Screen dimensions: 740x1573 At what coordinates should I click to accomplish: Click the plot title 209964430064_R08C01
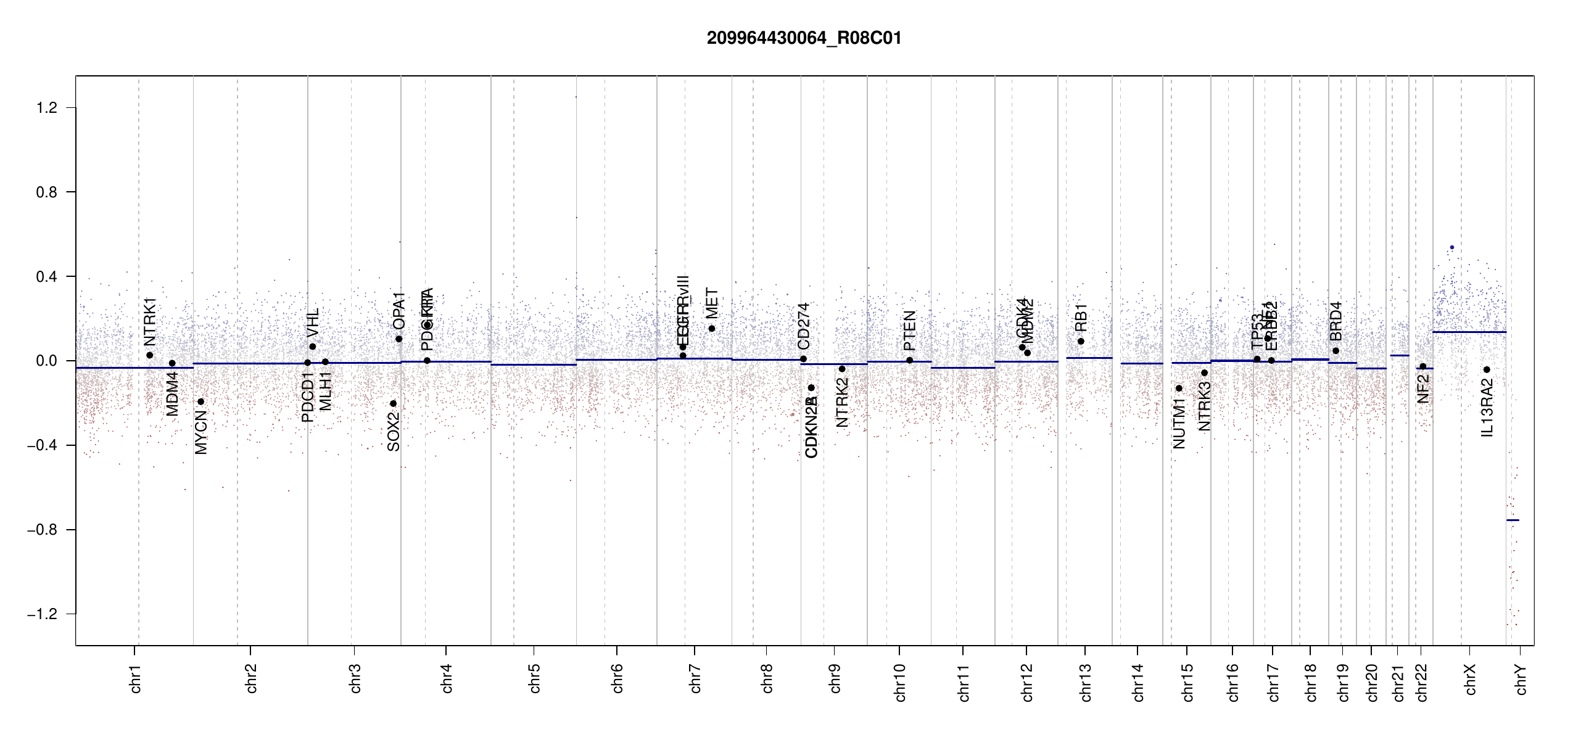pos(804,38)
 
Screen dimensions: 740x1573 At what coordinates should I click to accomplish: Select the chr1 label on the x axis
pos(136,678)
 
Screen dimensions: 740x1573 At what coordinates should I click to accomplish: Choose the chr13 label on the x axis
pos(1086,682)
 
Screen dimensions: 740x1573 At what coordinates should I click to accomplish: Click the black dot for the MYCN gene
pos(200,401)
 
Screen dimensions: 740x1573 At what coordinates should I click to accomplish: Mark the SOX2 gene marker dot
pos(393,403)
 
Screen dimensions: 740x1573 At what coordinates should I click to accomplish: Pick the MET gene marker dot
pos(711,329)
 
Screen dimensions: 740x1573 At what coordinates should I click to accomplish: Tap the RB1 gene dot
pos(1081,341)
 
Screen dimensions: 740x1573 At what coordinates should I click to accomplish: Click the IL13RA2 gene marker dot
pos(1487,369)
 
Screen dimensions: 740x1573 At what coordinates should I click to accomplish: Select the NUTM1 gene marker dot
pos(1179,388)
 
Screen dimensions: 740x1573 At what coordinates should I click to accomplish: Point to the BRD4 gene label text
pos(1336,321)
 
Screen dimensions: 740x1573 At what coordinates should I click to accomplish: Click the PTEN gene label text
pos(909,331)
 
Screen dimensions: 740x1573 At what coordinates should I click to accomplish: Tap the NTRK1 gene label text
pos(150,322)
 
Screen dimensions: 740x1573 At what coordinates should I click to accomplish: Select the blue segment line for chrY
pos(1513,520)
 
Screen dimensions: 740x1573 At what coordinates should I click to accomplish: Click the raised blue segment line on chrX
pos(1469,332)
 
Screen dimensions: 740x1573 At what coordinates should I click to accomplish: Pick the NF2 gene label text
pos(1423,388)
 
